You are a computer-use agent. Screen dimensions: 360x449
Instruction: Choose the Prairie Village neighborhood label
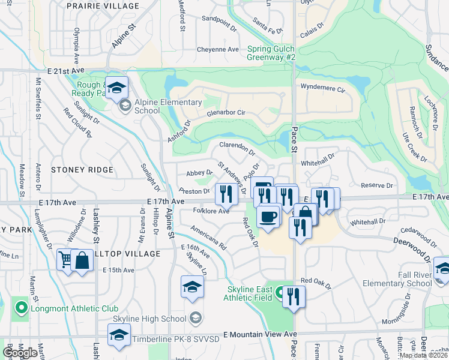[103, 5]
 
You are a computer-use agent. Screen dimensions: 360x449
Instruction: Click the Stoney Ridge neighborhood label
[82, 170]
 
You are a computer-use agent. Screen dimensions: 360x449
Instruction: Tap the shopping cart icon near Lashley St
[65, 260]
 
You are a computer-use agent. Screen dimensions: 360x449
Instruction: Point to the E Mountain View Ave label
[260, 334]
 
